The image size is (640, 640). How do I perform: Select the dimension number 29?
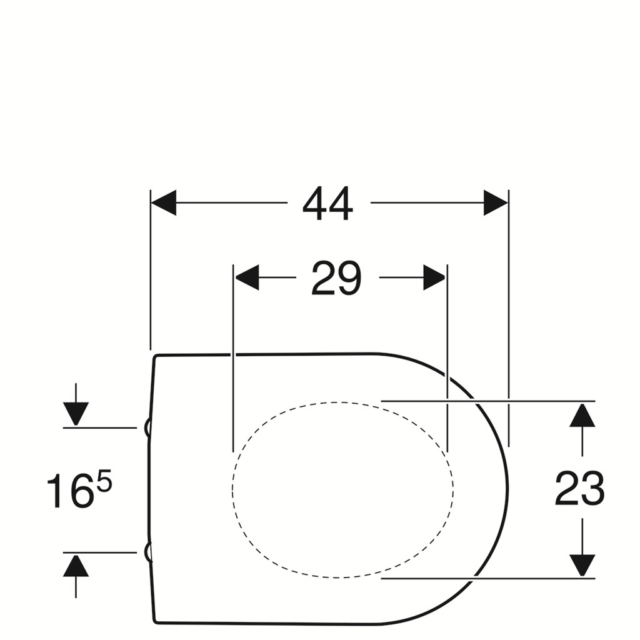336,278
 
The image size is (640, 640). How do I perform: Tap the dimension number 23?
579,488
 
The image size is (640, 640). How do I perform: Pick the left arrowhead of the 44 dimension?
164,202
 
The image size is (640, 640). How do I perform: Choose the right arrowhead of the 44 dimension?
496,202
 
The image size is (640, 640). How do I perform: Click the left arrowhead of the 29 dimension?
247,277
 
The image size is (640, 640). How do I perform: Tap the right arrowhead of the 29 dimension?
434,277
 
